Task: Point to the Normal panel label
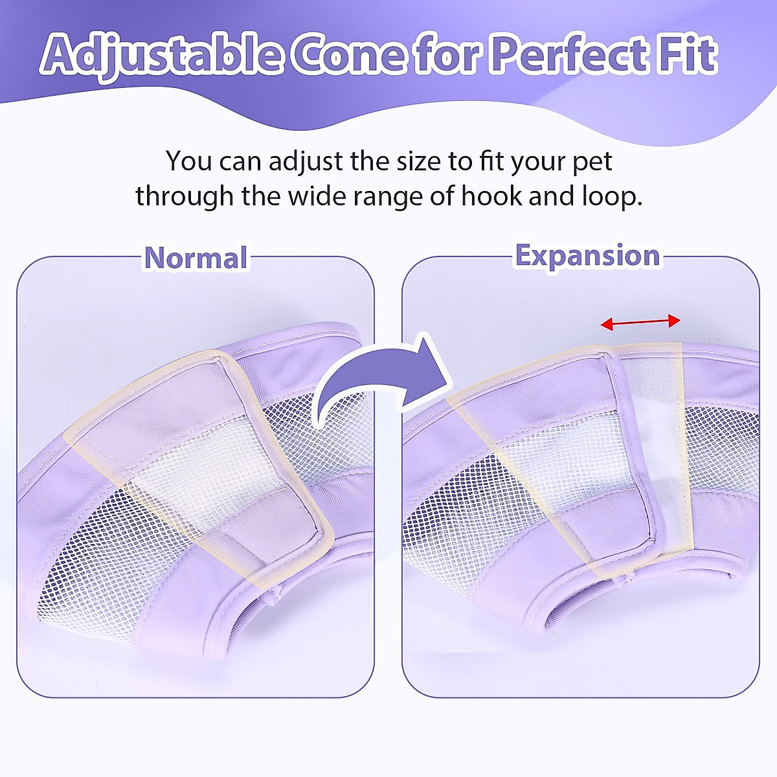(196, 258)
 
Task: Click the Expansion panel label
(587, 256)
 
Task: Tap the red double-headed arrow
(640, 322)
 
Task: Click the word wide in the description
(314, 196)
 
